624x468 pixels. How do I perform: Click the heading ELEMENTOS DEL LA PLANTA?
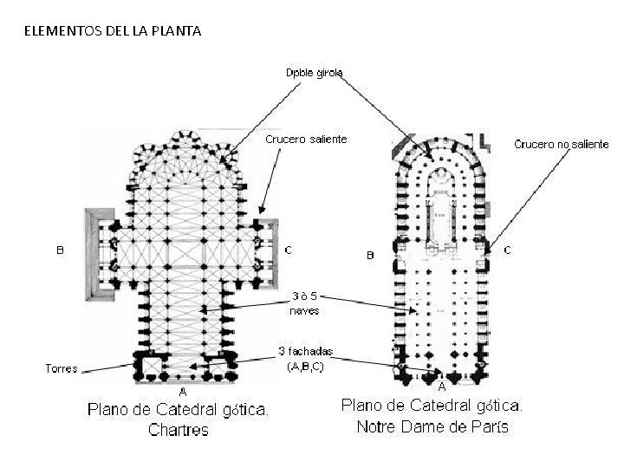[113, 32]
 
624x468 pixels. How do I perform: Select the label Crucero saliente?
[305, 140]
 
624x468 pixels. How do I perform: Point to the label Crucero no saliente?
[562, 143]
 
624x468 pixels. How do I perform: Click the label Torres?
[61, 368]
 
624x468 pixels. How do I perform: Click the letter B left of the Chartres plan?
[60, 251]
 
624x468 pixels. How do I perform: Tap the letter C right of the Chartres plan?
[289, 250]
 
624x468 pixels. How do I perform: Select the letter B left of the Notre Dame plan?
[369, 255]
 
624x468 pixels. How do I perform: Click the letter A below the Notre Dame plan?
[441, 386]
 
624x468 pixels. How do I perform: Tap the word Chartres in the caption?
[179, 430]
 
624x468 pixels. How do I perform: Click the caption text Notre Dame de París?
[432, 426]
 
